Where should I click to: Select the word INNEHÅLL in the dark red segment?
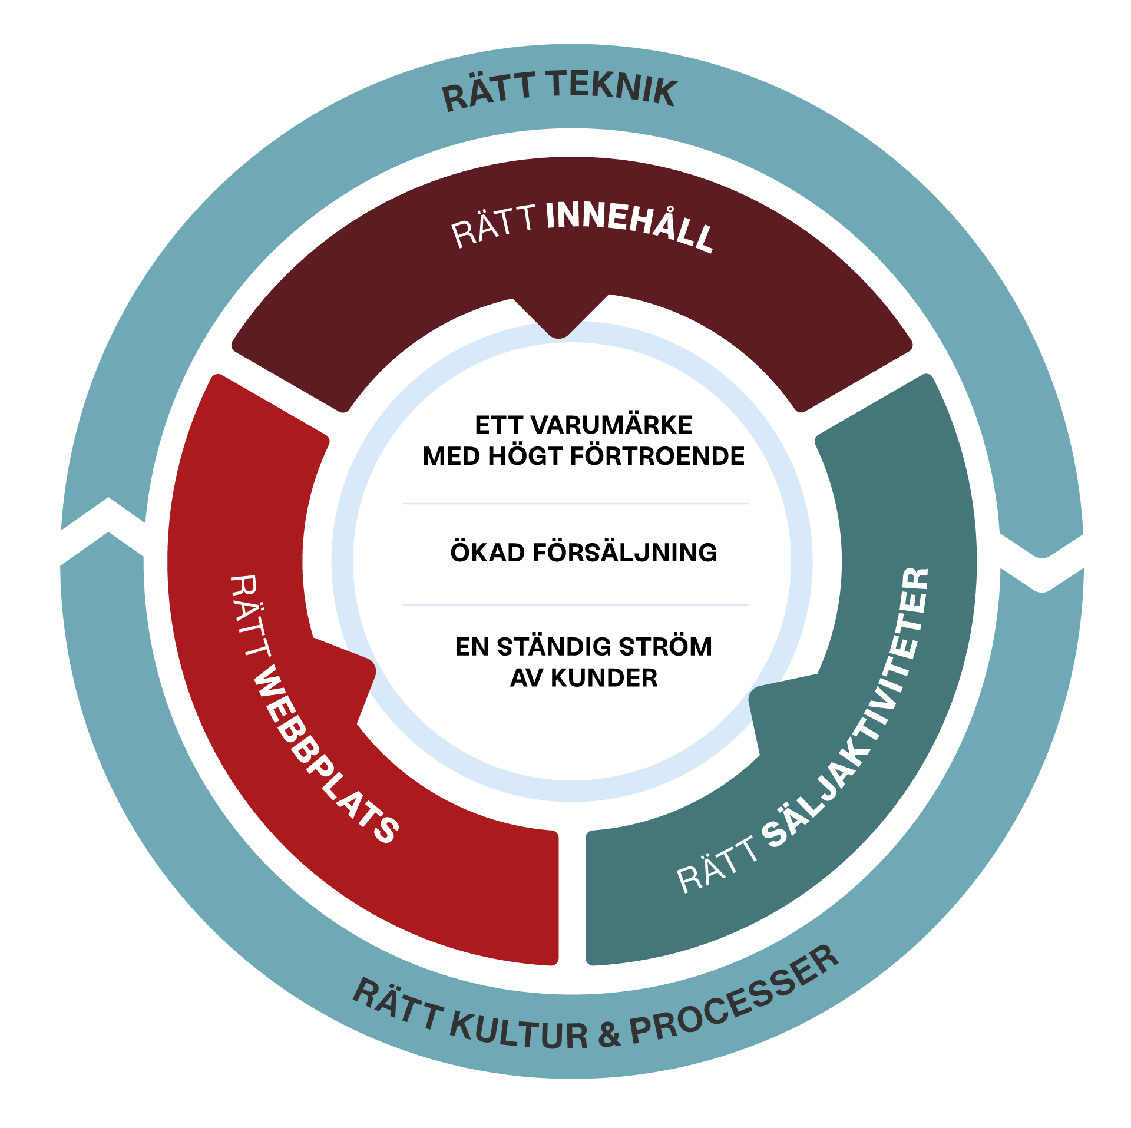click(630, 227)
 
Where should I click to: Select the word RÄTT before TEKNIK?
click(489, 91)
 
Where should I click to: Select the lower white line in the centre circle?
click(576, 604)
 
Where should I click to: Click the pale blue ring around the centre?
click(342, 560)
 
